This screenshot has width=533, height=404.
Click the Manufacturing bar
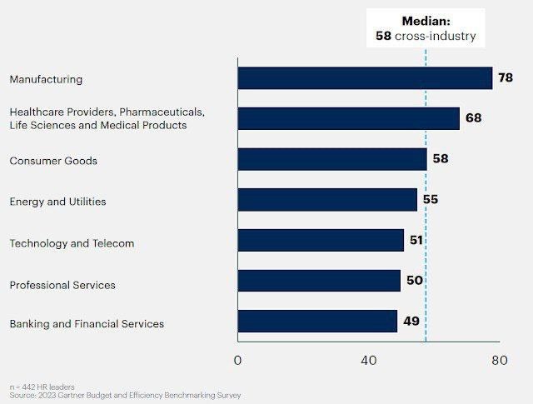365,78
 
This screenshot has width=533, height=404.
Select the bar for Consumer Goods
332,160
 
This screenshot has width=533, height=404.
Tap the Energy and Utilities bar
327,200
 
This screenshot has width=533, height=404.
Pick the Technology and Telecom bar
321,241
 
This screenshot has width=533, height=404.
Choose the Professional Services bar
319,281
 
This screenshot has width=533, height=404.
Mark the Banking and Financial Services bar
317,322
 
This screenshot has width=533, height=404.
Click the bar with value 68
348,118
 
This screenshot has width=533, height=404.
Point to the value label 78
506,77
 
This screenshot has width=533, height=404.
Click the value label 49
411,322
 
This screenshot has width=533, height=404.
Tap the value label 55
430,200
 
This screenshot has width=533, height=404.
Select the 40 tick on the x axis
368,361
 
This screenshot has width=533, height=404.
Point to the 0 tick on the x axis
238,361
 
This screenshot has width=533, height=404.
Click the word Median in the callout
426,21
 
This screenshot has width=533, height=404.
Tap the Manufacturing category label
46,80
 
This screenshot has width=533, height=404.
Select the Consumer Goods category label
53,161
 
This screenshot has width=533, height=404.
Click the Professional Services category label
62,286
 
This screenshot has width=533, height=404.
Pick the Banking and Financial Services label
87,324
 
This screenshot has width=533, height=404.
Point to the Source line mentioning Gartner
125,396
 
